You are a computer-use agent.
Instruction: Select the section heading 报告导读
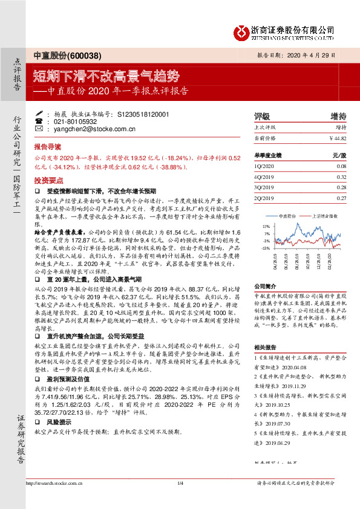pos(47,146)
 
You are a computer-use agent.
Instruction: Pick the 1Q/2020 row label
pos(264,166)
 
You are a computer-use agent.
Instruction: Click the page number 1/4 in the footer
pos(180,500)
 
